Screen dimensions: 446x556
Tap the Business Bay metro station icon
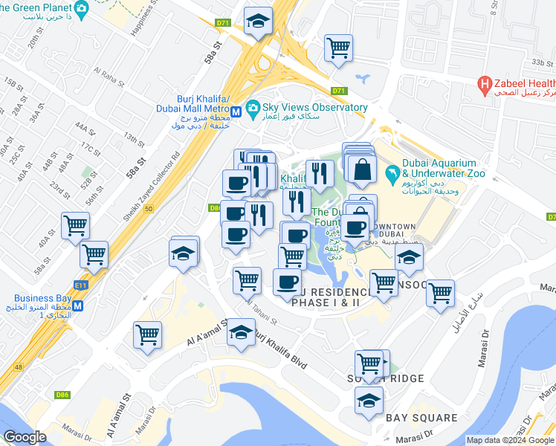77,304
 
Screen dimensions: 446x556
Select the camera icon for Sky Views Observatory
253,108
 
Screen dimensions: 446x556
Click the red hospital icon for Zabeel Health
485,85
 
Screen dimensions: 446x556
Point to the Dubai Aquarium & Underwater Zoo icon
392,174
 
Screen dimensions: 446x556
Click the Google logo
25,437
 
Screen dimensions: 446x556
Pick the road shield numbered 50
149,210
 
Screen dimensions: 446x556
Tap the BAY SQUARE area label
421,418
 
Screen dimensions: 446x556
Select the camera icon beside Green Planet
83,8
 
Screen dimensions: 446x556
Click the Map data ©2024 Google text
509,440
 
